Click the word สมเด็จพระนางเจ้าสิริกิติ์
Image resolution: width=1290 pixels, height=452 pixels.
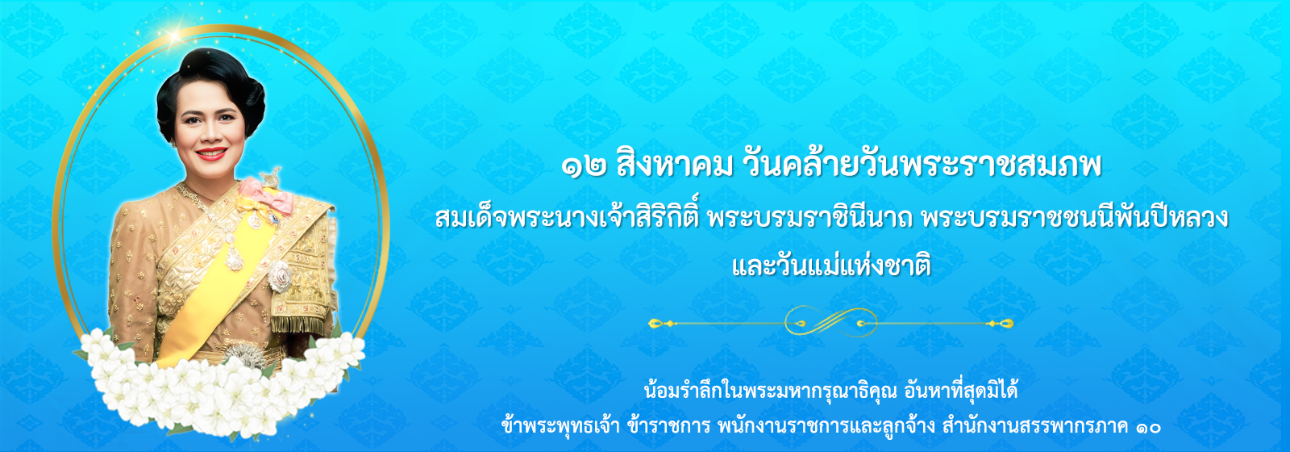tap(568, 218)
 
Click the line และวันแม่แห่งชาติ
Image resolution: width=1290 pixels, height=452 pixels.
tap(831, 267)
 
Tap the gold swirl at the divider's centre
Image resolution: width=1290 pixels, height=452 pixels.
tap(830, 322)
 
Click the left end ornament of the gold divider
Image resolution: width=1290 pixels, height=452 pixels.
tap(661, 324)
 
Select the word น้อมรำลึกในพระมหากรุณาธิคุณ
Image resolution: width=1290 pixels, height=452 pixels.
tap(771, 391)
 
